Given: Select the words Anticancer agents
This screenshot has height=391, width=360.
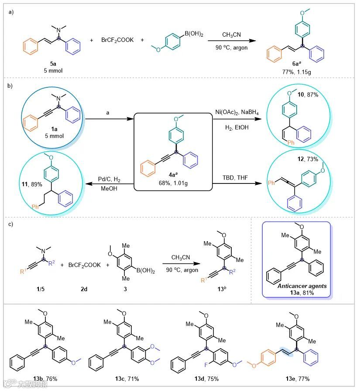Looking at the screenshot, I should [297, 287].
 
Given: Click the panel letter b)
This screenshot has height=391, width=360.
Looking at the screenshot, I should [11, 86].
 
